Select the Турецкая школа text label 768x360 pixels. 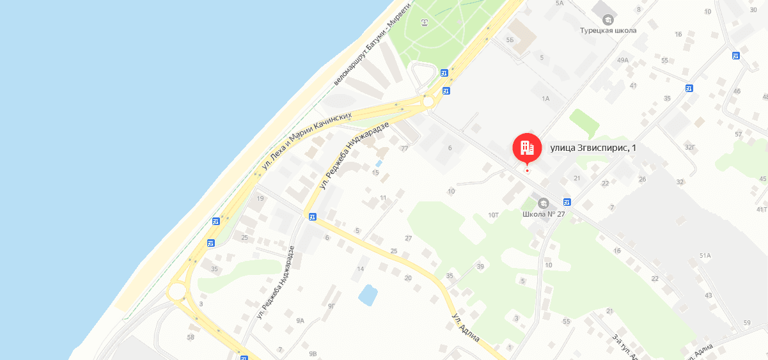[x=607, y=31]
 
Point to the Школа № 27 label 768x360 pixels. [x=544, y=214]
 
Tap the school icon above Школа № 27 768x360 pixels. [x=544, y=203]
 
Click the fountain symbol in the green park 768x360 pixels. [x=425, y=23]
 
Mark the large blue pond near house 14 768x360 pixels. [x=368, y=295]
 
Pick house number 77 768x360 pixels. [x=404, y=148]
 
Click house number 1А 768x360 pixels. [x=545, y=98]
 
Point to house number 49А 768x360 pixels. [x=622, y=60]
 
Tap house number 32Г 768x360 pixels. [x=689, y=147]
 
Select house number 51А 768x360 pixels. [x=705, y=255]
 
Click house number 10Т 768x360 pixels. [x=493, y=215]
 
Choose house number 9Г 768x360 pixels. [x=331, y=306]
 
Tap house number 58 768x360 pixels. [x=190, y=337]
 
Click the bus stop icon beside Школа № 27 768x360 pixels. [x=567, y=202]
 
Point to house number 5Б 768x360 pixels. [x=510, y=40]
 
